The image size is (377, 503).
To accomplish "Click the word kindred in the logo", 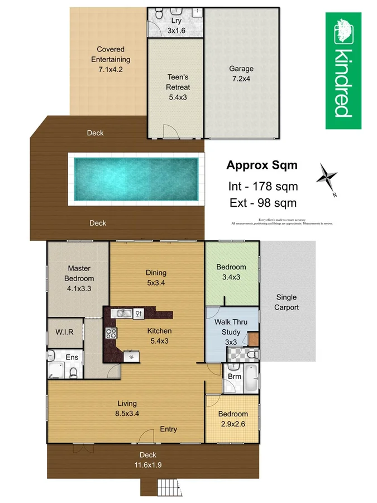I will coord(343,83).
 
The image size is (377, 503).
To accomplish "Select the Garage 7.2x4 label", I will coord(241,74).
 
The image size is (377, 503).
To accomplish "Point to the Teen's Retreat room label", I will coord(178,87).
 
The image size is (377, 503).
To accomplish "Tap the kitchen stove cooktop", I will coord(109,334).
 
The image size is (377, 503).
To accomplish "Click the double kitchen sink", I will coord(123,314).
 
